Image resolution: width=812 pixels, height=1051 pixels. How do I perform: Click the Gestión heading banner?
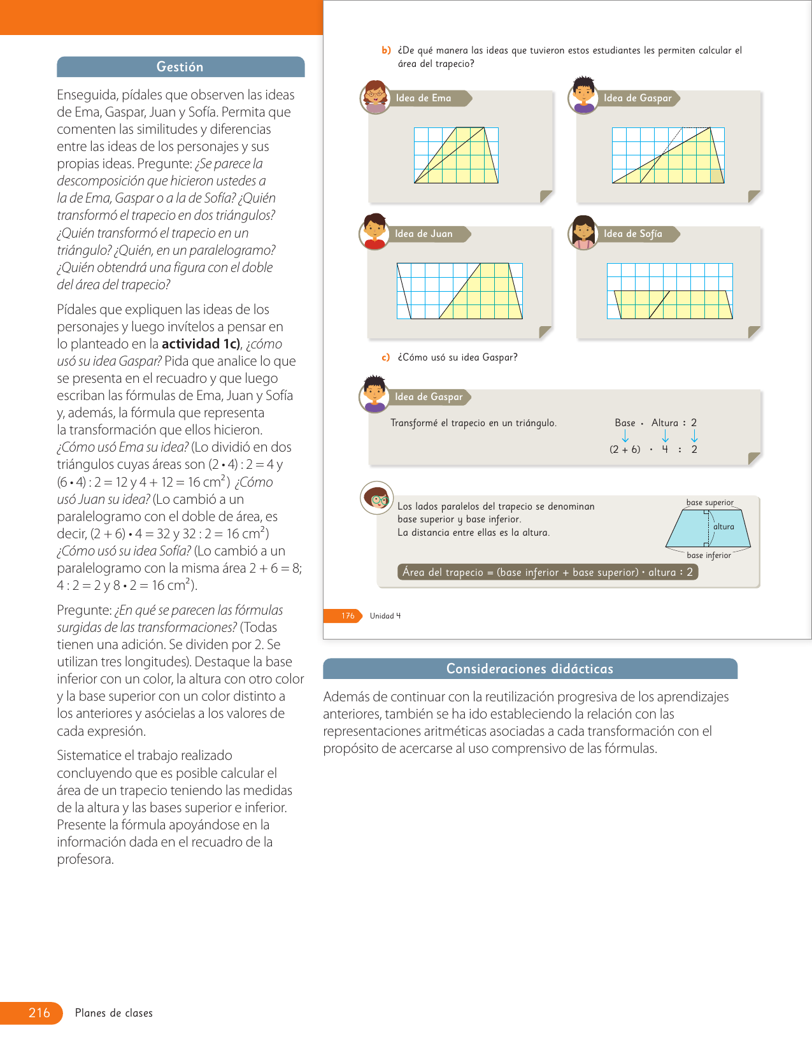[180, 67]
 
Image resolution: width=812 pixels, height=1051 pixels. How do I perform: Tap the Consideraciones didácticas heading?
[529, 669]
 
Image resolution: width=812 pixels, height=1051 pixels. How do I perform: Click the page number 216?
[39, 1013]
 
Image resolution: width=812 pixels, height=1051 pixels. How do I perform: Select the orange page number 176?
[347, 616]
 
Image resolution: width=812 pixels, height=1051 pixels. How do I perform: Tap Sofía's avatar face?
[583, 232]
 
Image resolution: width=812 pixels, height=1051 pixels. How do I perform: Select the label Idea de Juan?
[424, 234]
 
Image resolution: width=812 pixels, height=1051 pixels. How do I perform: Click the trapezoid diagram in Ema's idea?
[456, 155]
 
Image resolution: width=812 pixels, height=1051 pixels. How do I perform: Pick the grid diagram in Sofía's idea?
[669, 291]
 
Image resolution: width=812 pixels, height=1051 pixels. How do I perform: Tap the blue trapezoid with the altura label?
[708, 529]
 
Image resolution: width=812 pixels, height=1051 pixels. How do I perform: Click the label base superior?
[709, 503]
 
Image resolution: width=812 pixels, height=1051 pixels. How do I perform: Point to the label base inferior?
[708, 555]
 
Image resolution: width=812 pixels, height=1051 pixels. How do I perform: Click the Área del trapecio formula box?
[547, 572]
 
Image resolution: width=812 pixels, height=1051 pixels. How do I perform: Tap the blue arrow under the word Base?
[625, 436]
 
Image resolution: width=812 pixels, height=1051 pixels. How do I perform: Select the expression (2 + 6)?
[625, 450]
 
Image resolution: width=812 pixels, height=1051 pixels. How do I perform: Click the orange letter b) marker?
[386, 50]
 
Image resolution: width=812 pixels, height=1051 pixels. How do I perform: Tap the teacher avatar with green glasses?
[377, 497]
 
